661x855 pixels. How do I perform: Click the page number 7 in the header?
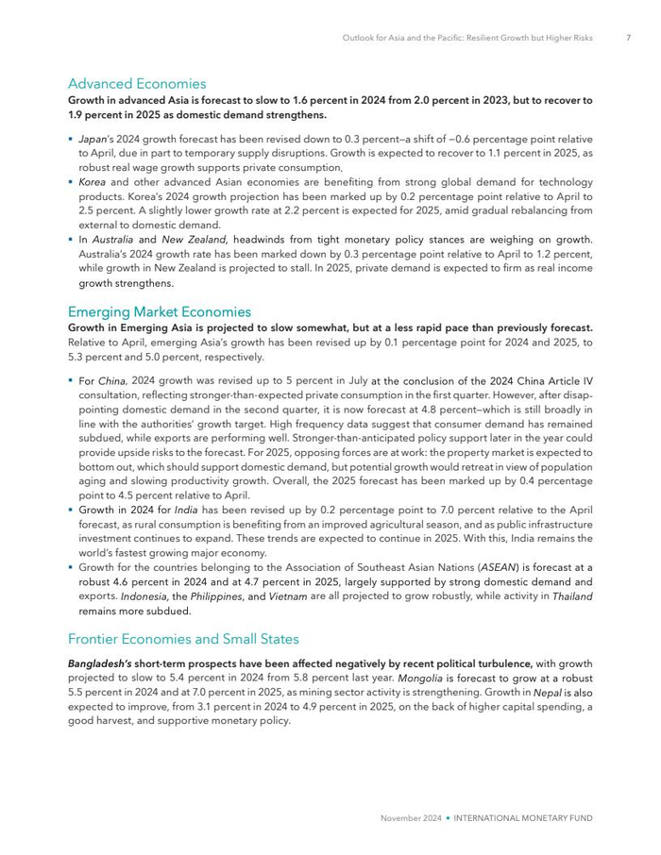[628, 39]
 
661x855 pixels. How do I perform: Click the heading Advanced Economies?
[137, 84]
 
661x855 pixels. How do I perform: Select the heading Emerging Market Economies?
[160, 311]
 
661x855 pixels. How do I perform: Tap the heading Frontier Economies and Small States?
[183, 639]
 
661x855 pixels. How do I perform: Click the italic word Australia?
[112, 240]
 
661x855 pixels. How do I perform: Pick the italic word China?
[112, 381]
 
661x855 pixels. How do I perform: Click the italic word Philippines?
[216, 596]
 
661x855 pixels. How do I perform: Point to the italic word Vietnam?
[287, 596]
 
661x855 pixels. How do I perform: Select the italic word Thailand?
[572, 596]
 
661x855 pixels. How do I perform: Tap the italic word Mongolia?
[424, 678]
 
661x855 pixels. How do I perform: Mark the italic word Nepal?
[547, 692]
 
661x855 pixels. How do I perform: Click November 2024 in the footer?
[412, 818]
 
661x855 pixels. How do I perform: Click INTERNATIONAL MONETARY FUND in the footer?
[524, 818]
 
